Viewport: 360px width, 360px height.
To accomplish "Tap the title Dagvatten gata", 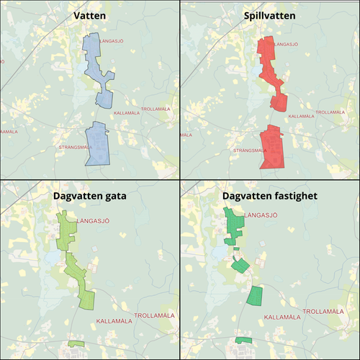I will pos(89,195).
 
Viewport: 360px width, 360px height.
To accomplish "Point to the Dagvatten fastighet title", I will pos(269,195).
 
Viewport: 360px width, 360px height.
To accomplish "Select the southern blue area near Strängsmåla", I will pos(96,144).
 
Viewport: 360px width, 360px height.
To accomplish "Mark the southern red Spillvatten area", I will pos(272,148).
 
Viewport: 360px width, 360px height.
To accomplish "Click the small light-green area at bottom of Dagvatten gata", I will pos(76,343).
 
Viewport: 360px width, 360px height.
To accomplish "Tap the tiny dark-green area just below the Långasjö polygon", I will pos(236,250).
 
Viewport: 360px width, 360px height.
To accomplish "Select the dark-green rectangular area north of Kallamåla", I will pos(255,294).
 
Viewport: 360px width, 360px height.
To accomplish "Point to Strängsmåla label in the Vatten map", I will pos(72,147).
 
